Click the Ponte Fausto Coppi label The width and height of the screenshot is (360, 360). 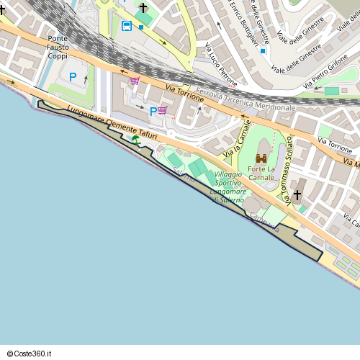point(58,47)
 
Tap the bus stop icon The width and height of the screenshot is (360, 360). point(127,27)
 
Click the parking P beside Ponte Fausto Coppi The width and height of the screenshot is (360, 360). point(73,76)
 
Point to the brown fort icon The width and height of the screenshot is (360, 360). point(261,158)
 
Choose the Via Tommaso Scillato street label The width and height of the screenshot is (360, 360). point(289,170)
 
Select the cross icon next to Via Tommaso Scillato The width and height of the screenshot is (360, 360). point(297,195)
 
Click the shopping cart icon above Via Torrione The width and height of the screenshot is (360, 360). point(135,81)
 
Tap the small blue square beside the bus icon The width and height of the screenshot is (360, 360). point(141,27)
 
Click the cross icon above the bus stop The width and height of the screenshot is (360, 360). point(143,8)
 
